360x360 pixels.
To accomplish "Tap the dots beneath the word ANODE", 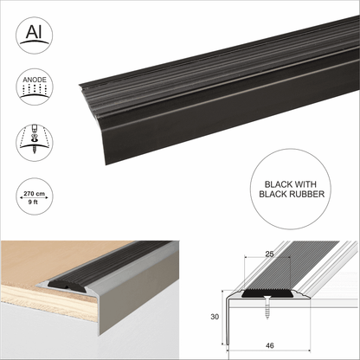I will tap(31, 90).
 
